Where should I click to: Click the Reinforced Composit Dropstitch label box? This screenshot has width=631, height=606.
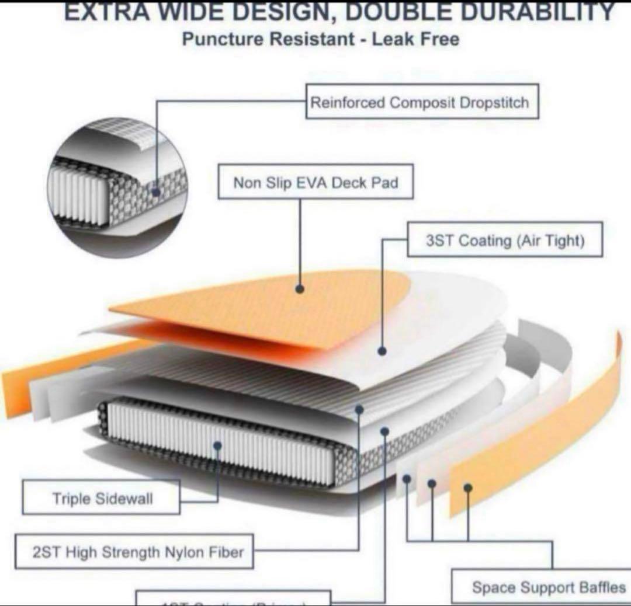click(x=421, y=103)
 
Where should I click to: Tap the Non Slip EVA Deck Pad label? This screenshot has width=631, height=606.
click(x=315, y=183)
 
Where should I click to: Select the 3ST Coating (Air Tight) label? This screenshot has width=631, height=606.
click(x=505, y=241)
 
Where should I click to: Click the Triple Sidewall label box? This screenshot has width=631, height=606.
click(x=102, y=498)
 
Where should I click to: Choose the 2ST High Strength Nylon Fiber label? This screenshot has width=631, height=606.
click(x=137, y=552)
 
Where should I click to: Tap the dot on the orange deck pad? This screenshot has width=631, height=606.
click(x=300, y=288)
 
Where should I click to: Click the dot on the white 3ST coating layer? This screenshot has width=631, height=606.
click(x=382, y=351)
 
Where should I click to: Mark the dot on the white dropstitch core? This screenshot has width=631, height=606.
click(x=217, y=446)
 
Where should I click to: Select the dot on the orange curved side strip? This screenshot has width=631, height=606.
click(x=467, y=487)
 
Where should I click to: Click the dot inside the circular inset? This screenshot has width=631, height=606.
click(x=156, y=191)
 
